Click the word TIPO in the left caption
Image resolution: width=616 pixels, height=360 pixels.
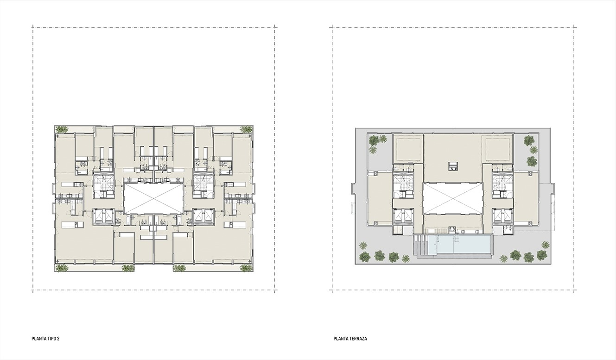coord(51,339)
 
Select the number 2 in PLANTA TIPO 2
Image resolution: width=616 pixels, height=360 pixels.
coord(58,339)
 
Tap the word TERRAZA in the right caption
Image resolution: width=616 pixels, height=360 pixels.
coord(358,339)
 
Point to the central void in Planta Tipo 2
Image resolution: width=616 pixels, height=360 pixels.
coord(153,198)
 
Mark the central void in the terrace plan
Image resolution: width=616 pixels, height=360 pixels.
coord(453,198)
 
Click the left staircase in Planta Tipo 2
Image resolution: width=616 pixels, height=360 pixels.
coord(103,185)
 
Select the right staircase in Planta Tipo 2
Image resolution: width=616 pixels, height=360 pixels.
coord(203,185)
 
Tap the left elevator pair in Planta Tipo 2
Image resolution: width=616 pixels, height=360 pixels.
coord(103,216)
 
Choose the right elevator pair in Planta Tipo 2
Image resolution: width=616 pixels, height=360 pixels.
coord(203,216)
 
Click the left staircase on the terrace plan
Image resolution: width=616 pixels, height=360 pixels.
coord(403,186)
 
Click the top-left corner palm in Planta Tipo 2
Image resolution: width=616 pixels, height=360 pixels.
coord(62,129)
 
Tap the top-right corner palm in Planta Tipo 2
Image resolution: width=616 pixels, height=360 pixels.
coord(246,129)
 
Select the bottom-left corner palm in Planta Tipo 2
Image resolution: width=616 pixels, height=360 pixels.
coord(62,268)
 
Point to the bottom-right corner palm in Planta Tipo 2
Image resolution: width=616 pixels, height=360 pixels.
coord(246,268)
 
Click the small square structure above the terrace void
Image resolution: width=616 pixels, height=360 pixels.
coord(453,166)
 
